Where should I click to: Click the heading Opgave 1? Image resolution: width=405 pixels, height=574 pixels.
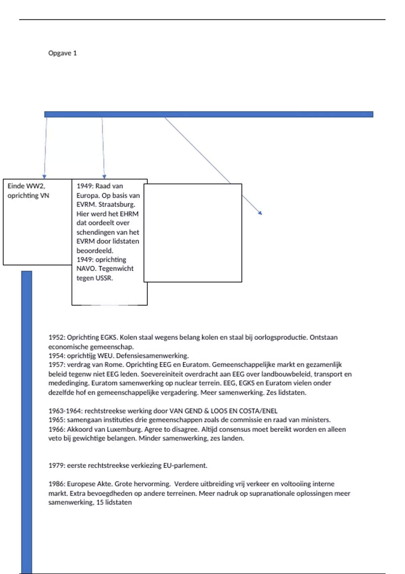(62, 53)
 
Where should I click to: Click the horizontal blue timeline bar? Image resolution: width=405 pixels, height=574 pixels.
(209, 114)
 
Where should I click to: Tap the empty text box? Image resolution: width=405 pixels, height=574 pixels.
(193, 233)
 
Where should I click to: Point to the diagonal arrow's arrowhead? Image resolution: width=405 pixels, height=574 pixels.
(260, 213)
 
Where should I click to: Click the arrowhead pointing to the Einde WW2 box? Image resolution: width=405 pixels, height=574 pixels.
(44, 177)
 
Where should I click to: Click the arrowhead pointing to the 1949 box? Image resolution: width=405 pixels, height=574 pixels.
(104, 177)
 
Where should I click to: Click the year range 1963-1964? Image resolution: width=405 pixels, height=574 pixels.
(65, 411)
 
